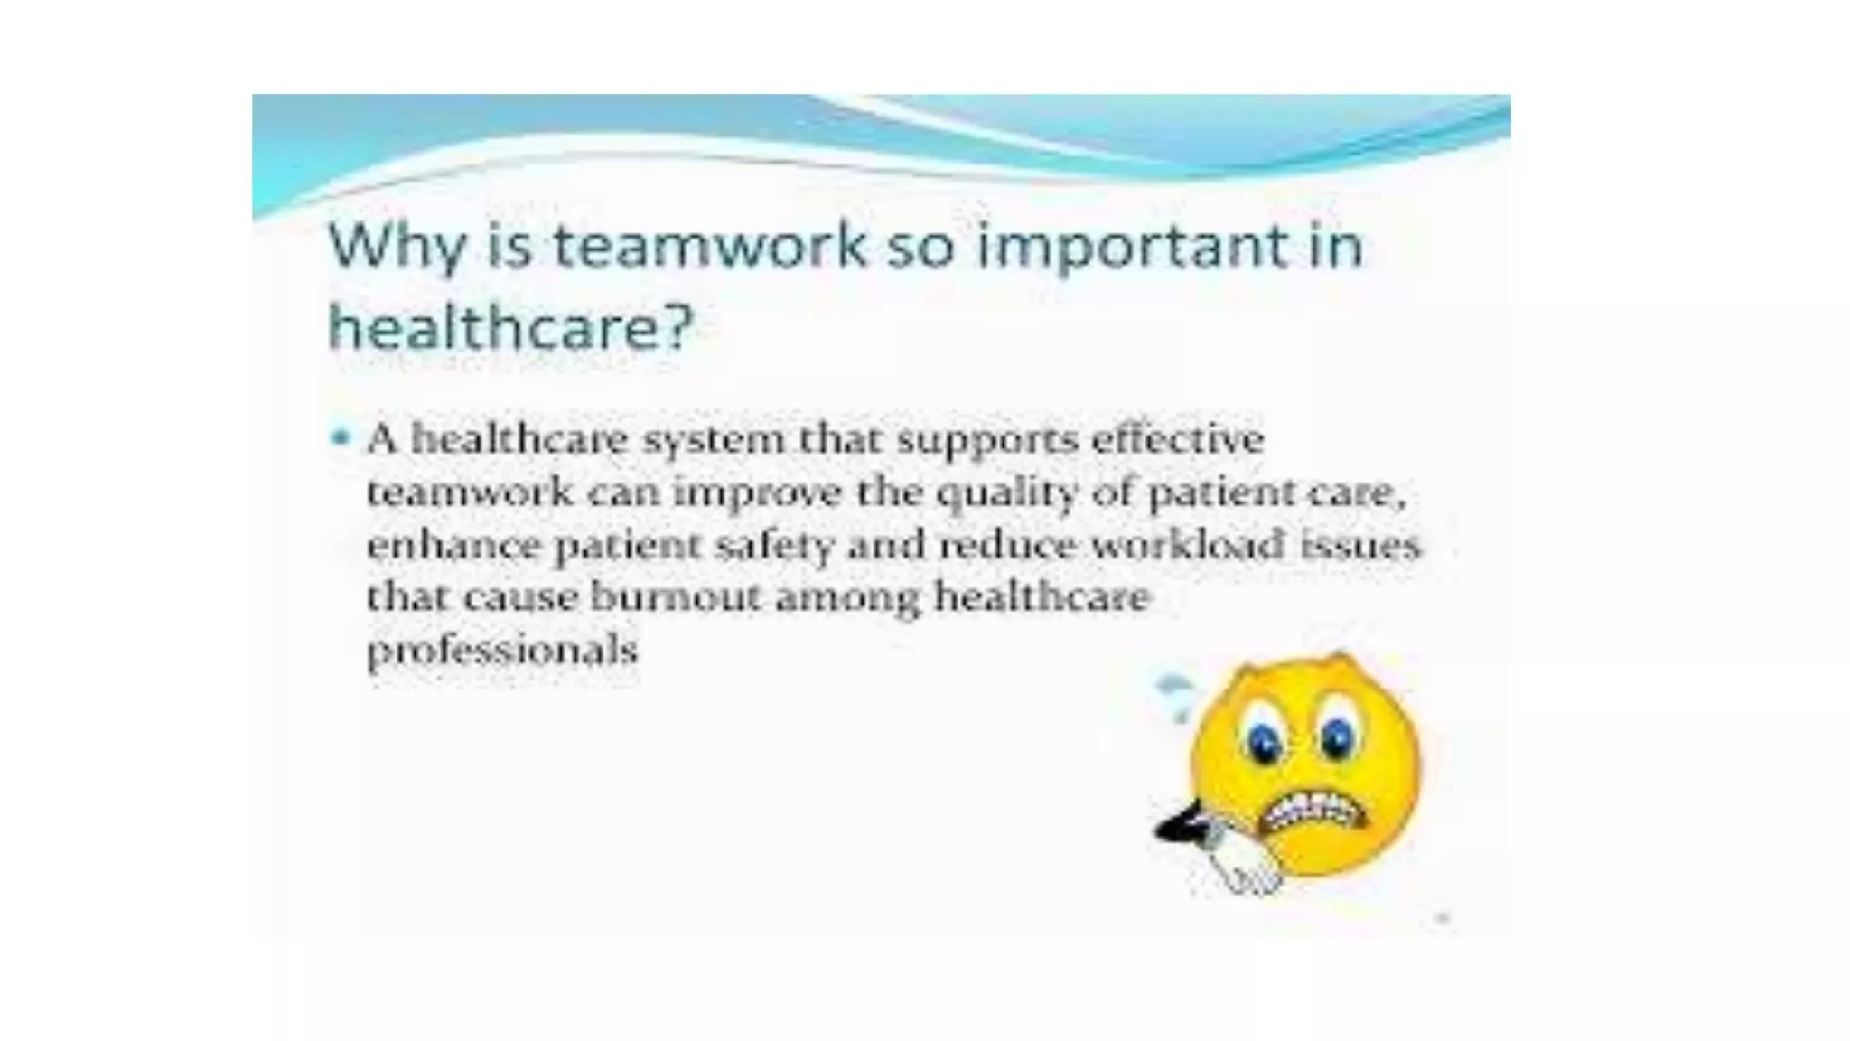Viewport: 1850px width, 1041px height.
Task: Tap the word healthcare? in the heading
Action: click(x=510, y=326)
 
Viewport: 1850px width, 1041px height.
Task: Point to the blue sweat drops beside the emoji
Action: click(x=1174, y=694)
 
